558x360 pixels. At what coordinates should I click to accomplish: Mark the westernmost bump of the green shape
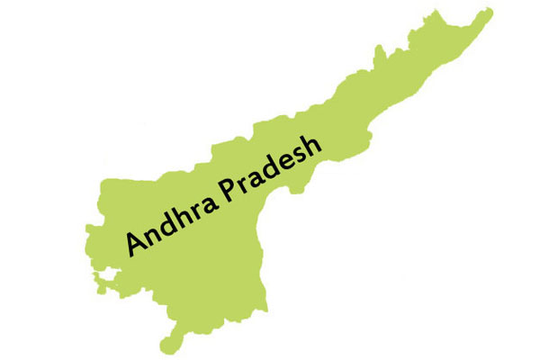[x=94, y=269]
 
